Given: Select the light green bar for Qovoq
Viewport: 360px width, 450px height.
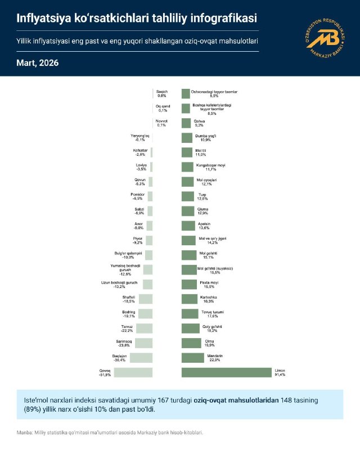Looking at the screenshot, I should (x=133, y=372).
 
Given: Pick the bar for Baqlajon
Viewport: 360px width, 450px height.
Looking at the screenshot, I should (x=141, y=357).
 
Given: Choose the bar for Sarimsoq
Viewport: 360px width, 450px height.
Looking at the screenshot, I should (x=143, y=343).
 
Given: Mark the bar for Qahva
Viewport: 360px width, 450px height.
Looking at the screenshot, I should (x=186, y=123).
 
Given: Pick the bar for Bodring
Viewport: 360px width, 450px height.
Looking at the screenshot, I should (x=146, y=313).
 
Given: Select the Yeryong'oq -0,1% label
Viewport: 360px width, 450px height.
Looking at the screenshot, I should (x=141, y=138).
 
